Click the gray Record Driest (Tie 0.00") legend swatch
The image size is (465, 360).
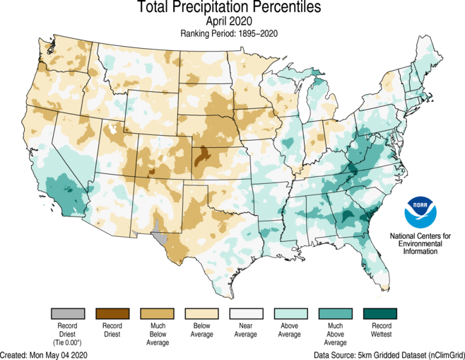point(69,313)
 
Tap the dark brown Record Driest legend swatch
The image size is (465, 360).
point(113,313)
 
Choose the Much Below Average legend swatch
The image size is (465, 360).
point(158,313)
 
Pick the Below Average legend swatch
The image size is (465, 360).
point(202,313)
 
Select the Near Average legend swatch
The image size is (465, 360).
point(247,313)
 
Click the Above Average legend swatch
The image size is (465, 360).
point(291,313)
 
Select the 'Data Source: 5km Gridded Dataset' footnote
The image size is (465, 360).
point(387,354)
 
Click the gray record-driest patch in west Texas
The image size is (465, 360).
point(160,236)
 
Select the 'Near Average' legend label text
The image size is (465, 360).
point(247,331)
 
